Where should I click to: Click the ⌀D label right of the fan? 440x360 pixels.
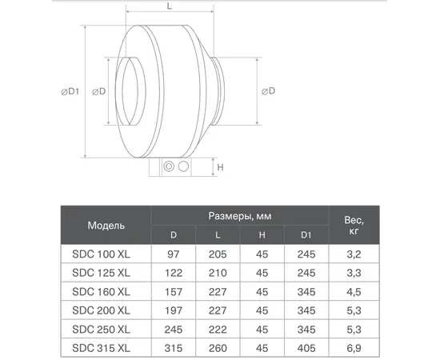(x=269, y=91)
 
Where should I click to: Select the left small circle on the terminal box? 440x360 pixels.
(x=169, y=167)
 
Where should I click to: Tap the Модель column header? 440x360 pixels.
(x=106, y=226)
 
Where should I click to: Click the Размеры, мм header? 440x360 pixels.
(x=241, y=216)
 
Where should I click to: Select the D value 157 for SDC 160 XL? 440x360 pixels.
(x=174, y=291)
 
